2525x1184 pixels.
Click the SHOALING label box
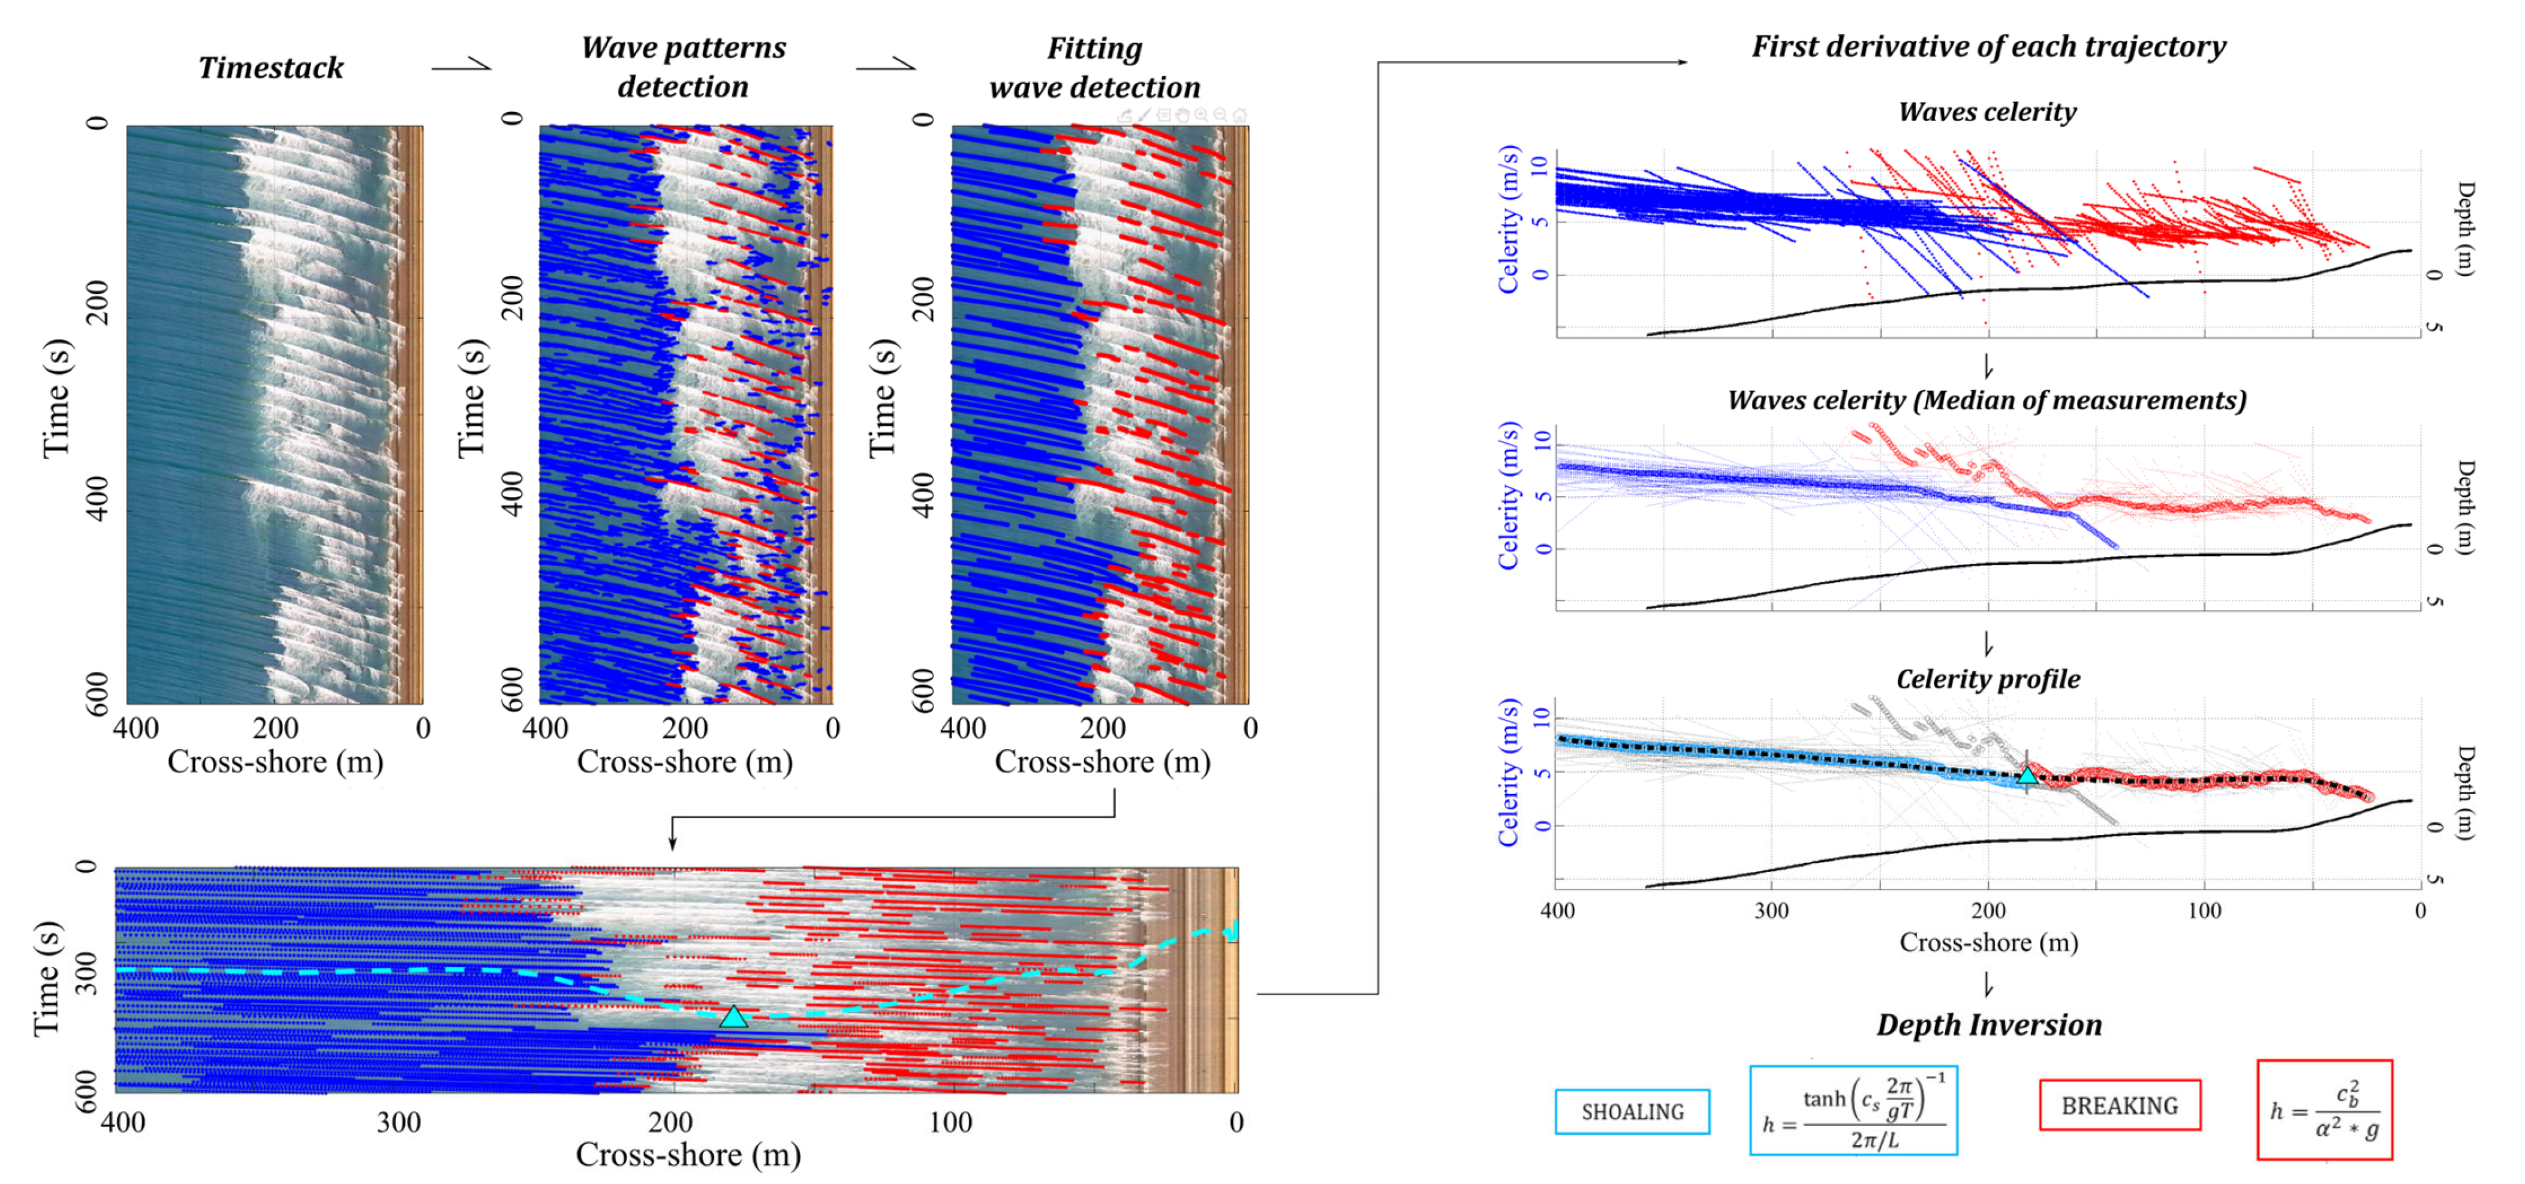pyautogui.click(x=1632, y=1111)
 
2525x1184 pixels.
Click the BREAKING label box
pyautogui.click(x=2119, y=1105)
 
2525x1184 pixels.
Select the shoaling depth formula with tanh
pyautogui.click(x=1853, y=1110)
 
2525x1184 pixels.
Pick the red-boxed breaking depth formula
pyautogui.click(x=2324, y=1110)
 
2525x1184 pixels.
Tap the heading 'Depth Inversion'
pyautogui.click(x=1989, y=1025)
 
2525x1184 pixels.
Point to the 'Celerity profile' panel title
pyautogui.click(x=1988, y=679)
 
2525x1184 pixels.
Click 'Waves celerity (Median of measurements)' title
pyautogui.click(x=1987, y=400)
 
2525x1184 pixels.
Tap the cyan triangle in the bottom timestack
pyautogui.click(x=733, y=1017)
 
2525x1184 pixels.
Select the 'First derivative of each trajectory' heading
pyautogui.click(x=1989, y=46)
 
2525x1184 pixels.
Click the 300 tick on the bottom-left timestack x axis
pyautogui.click(x=399, y=1122)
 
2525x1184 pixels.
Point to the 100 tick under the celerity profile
pyautogui.click(x=2204, y=910)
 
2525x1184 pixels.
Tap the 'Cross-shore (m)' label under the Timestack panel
pyautogui.click(x=275, y=762)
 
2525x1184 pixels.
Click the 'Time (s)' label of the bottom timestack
pyautogui.click(x=47, y=978)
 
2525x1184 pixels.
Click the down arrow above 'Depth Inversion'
pyautogui.click(x=1988, y=984)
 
